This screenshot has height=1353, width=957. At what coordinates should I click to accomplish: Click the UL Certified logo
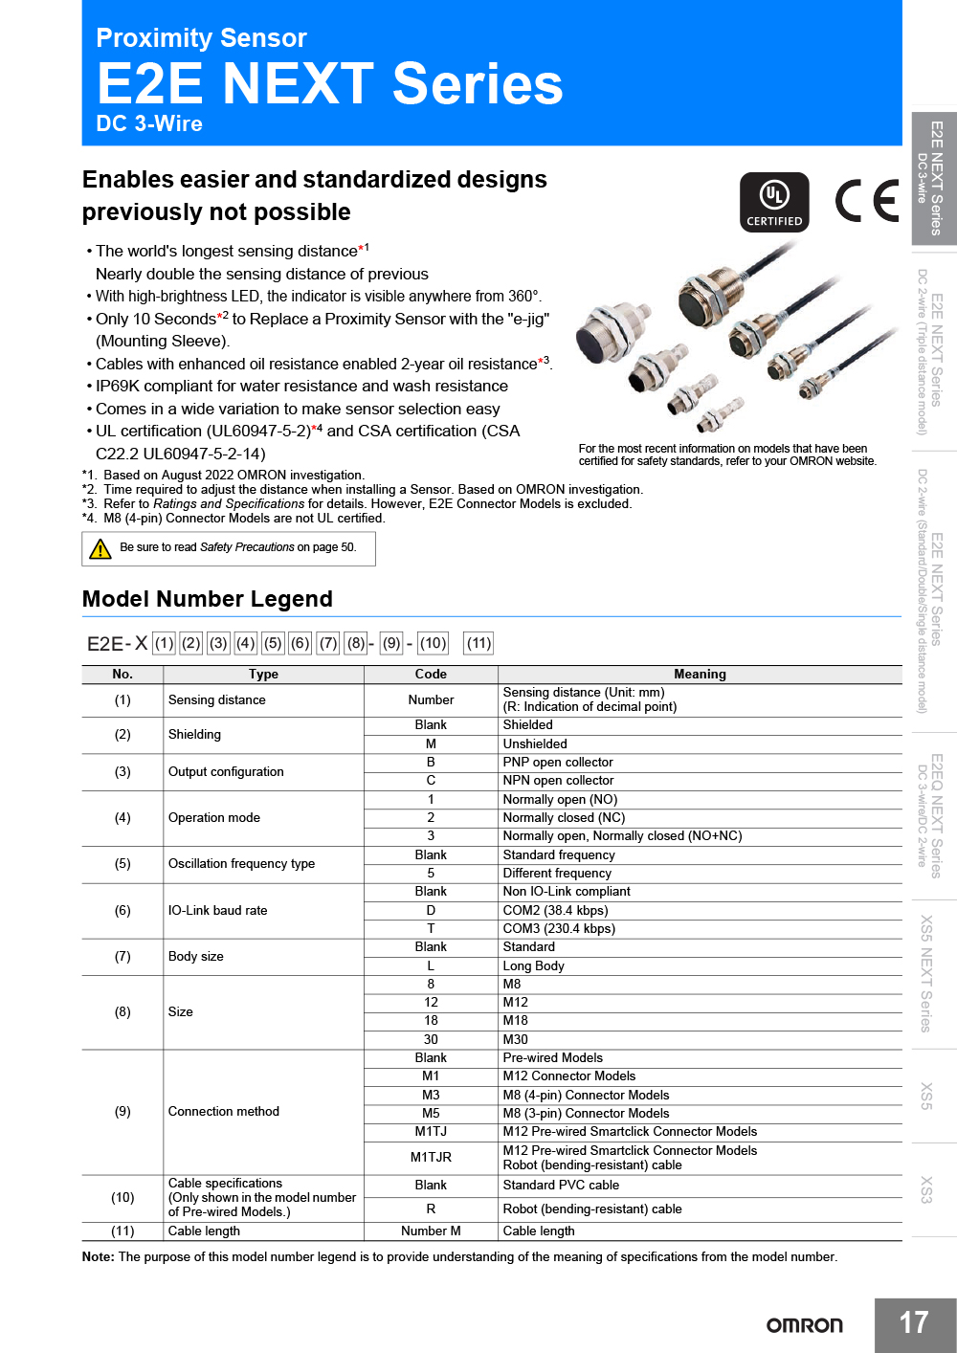click(774, 202)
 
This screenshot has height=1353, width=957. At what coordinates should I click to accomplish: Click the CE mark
click(866, 201)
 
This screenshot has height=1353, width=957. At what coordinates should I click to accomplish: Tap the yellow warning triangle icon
click(100, 548)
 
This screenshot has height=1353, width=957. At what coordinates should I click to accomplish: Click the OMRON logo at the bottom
click(804, 1325)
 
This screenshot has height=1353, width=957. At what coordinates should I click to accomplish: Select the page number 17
click(914, 1323)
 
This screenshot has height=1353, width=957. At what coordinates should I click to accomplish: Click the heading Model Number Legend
click(208, 599)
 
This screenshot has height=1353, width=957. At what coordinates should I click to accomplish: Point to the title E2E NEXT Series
click(330, 84)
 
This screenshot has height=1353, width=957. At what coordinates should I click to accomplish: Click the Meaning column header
click(700, 674)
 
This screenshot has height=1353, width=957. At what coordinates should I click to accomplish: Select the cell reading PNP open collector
click(558, 762)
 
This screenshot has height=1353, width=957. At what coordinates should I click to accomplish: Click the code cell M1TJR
click(431, 1157)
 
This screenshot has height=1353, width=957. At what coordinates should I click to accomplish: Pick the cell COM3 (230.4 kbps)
click(559, 928)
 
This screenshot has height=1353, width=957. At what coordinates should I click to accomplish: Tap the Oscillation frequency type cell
click(241, 863)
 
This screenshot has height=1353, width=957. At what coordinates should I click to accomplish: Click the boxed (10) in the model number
click(433, 643)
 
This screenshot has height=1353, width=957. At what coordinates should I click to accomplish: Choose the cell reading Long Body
click(533, 965)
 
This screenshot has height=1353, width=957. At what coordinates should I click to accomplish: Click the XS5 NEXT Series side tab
click(925, 973)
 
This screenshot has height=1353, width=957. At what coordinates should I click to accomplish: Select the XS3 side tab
click(925, 1189)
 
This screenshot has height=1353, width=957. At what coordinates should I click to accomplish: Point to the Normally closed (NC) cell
click(564, 817)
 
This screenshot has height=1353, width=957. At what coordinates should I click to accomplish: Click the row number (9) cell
click(122, 1111)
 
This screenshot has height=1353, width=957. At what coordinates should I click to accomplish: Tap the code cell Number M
click(431, 1231)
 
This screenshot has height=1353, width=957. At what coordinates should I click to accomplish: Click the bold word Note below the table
click(98, 1256)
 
